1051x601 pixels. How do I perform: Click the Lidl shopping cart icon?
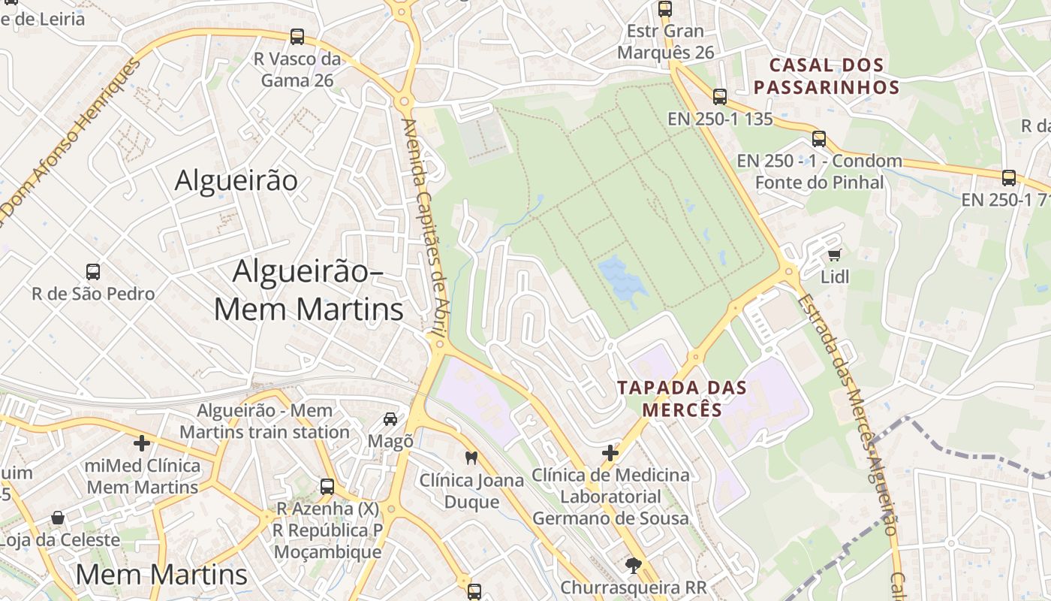tap(834, 255)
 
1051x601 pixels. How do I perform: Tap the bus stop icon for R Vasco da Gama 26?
tap(297, 37)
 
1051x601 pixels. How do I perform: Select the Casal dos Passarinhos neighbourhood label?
tap(827, 76)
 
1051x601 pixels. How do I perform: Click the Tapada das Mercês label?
tap(682, 399)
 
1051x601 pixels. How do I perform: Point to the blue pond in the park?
tap(622, 278)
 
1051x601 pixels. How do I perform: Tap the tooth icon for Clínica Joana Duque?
tap(471, 457)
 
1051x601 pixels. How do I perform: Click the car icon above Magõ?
tap(390, 419)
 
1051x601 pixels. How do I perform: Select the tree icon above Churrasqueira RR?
tap(634, 564)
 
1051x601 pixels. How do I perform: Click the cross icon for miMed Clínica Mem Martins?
tap(142, 443)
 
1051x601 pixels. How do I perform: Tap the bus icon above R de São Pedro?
tap(93, 272)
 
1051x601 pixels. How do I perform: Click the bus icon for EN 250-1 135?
tap(720, 97)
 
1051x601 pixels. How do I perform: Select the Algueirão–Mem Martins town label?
tap(309, 290)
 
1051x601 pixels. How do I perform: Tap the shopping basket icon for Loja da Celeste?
tap(58, 518)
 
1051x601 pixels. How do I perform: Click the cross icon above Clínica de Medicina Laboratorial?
tap(610, 453)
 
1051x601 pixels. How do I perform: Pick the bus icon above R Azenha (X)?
tap(327, 486)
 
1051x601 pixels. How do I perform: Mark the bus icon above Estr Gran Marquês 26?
tap(665, 9)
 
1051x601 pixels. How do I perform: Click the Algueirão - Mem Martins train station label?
tap(264, 421)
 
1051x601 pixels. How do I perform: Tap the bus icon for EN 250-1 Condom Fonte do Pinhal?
tap(819, 139)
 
